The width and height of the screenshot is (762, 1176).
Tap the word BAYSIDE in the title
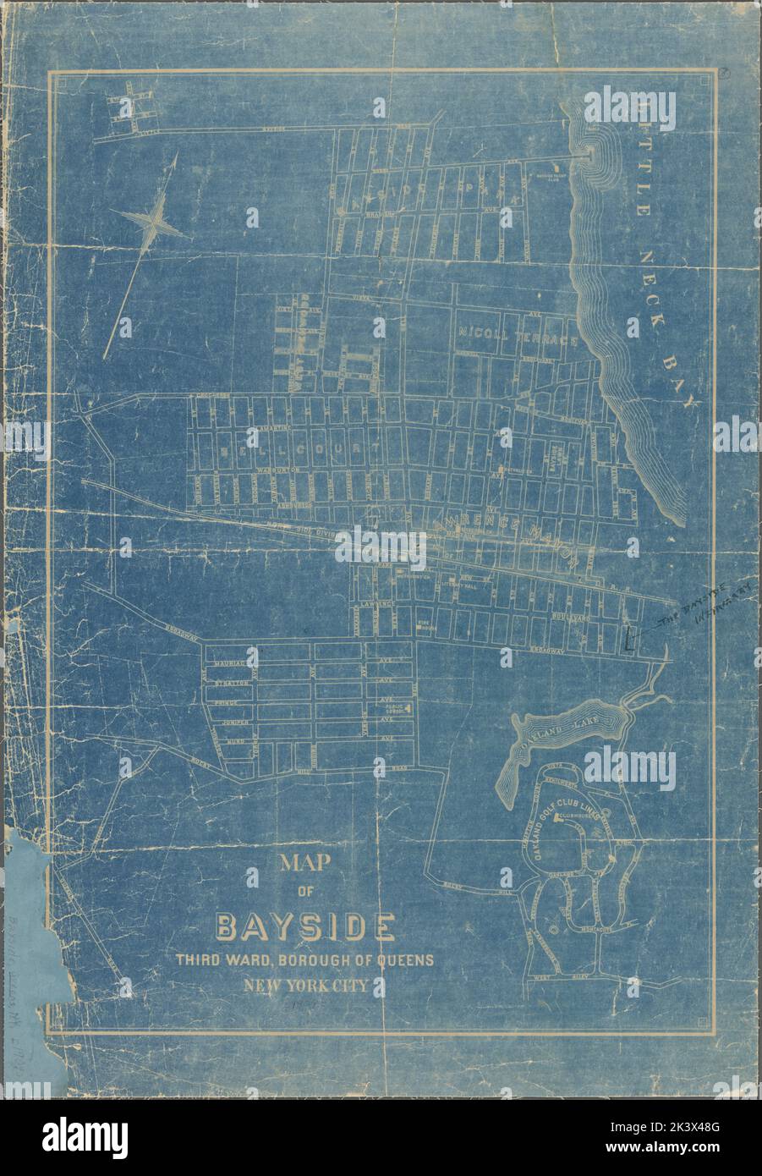point(305,928)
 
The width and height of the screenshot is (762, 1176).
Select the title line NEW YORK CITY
point(305,985)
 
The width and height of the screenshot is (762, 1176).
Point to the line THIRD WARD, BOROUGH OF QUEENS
point(305,960)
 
